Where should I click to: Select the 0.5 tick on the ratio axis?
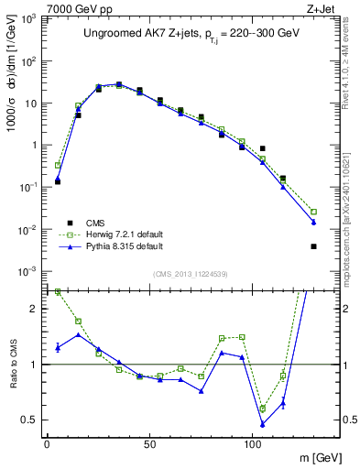click(x=27, y=420)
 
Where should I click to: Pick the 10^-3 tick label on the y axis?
click(x=26, y=271)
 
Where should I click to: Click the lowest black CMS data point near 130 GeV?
click(x=314, y=246)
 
